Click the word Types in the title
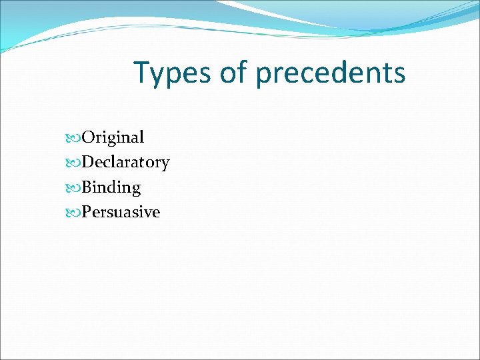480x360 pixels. (x=172, y=73)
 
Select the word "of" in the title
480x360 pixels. (x=233, y=72)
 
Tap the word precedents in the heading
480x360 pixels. (x=330, y=73)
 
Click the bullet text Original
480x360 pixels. (x=113, y=138)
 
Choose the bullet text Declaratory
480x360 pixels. (x=125, y=163)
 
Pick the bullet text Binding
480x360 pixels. (x=111, y=188)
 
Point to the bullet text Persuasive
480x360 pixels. (x=121, y=213)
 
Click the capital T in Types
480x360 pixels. (x=142, y=72)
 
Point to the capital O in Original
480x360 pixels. (x=88, y=138)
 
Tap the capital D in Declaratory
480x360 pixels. (x=88, y=163)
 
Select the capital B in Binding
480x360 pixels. (x=87, y=188)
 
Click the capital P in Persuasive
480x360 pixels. (x=87, y=213)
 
